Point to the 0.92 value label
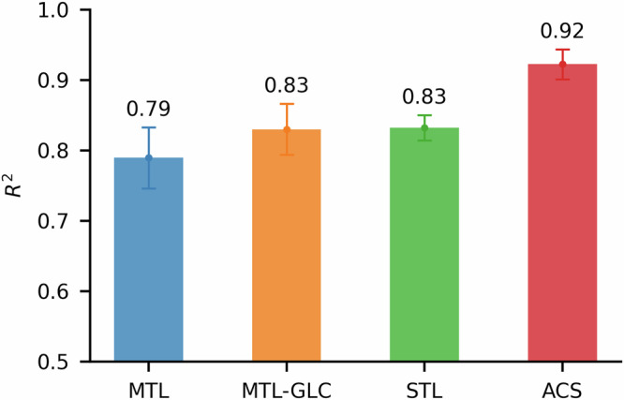click(562, 32)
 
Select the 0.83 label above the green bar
click(423, 97)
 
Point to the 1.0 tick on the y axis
click(58, 10)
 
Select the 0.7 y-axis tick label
click(58, 221)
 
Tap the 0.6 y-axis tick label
click(58, 291)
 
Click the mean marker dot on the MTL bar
click(148, 157)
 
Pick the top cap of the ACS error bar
click(562, 50)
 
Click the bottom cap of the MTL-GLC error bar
click(286, 155)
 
